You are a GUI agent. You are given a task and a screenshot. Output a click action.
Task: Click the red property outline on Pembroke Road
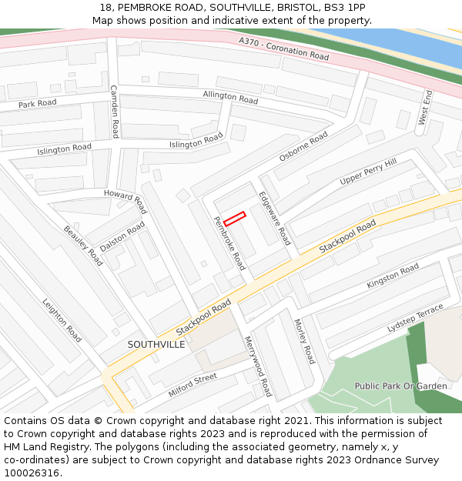pyautogui.click(x=234, y=219)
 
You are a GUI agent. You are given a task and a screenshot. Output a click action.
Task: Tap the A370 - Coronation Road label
pyautogui.click(x=283, y=49)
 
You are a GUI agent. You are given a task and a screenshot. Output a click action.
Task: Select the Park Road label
pyautogui.click(x=38, y=104)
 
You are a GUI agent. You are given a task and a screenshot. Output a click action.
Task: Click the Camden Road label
pyautogui.click(x=114, y=112)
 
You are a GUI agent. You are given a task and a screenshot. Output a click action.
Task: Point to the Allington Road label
pyautogui.click(x=230, y=97)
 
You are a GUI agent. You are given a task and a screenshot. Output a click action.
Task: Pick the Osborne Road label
pyautogui.click(x=303, y=145)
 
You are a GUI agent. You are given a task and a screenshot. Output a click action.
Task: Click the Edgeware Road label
pyautogui.click(x=275, y=218)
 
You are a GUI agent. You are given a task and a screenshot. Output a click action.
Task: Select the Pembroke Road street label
pyautogui.click(x=229, y=243)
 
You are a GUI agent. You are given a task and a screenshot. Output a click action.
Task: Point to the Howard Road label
pyautogui.click(x=126, y=201)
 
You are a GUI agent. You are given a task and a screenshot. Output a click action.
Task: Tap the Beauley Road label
pyautogui.click(x=83, y=245)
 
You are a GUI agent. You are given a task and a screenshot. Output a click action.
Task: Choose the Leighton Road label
pyautogui.click(x=62, y=320)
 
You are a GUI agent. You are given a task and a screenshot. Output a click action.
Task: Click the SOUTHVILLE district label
pyautogui.click(x=156, y=344)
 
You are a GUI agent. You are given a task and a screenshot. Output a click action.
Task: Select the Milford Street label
pyautogui.click(x=192, y=386)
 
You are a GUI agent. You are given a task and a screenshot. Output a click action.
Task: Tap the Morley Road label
pyautogui.click(x=304, y=342)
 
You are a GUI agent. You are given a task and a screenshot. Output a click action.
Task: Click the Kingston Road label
pyautogui.click(x=393, y=276)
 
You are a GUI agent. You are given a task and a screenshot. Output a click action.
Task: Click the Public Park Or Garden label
pyautogui.click(x=400, y=386)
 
